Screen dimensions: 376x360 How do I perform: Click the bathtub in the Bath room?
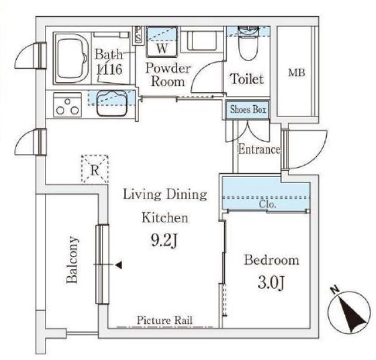(72, 59)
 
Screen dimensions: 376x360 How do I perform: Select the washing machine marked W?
(162, 42)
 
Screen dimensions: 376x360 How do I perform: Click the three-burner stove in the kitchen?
(67, 105)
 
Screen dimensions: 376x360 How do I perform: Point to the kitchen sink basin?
(112, 103)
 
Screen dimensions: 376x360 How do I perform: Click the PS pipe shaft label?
(138, 34)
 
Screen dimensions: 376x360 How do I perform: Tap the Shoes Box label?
(248, 110)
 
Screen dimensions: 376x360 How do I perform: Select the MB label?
(296, 72)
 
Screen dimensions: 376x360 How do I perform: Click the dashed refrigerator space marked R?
(95, 169)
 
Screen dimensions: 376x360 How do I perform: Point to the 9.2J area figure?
(164, 240)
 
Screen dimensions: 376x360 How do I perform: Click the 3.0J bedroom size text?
(271, 283)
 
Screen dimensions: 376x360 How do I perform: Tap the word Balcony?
(72, 260)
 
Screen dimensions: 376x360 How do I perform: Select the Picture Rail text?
(164, 320)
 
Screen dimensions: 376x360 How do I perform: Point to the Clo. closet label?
(268, 204)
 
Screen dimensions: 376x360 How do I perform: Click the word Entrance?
(259, 149)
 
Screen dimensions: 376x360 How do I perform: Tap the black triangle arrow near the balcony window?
(119, 265)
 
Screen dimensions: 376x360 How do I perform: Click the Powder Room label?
(168, 75)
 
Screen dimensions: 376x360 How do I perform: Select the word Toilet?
(247, 78)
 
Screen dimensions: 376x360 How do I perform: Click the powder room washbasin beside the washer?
(202, 40)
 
